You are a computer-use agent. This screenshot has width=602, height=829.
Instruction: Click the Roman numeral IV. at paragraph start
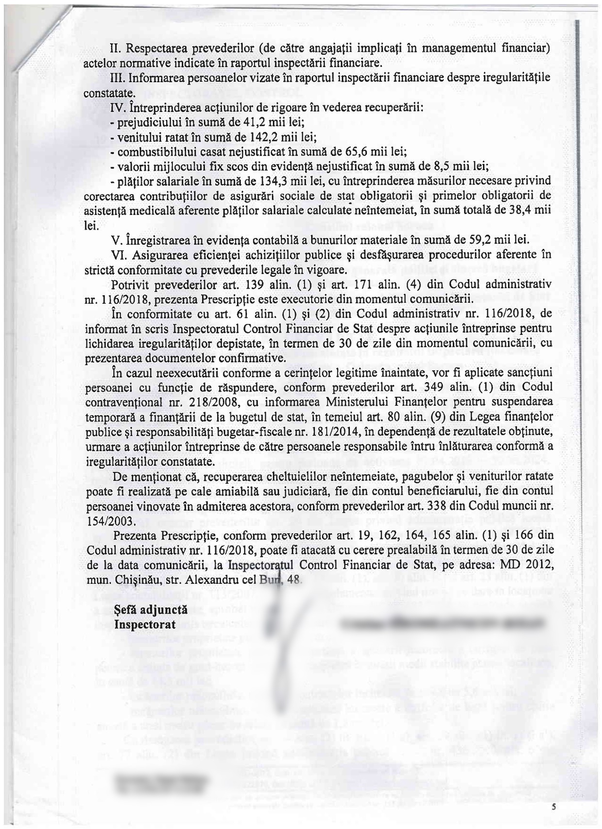118,107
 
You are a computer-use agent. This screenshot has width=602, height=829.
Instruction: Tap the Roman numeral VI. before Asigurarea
119,255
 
